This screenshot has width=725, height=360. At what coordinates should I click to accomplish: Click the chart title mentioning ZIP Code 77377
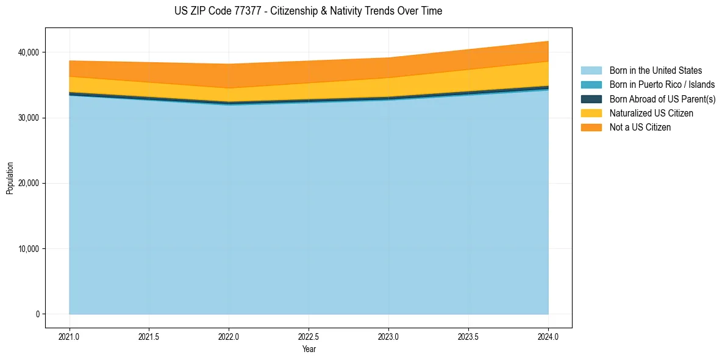308,11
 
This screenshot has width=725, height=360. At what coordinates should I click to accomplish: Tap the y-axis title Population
10,178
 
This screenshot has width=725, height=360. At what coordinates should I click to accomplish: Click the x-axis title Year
309,349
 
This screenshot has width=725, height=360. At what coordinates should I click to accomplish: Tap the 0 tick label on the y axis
37,314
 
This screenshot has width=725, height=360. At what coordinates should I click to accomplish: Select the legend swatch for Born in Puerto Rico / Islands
591,85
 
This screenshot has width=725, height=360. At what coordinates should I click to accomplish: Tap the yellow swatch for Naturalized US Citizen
591,113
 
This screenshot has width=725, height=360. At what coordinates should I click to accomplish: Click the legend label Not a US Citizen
640,128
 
